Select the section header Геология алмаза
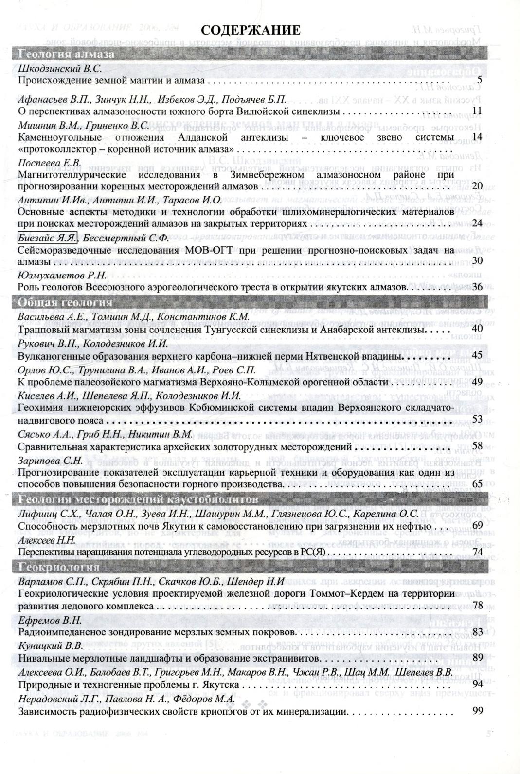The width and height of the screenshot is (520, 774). pos(66,54)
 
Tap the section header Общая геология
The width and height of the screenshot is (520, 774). pos(65,303)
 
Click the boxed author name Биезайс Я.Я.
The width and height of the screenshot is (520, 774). pos(47,238)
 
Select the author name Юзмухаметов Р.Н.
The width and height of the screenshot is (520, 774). pos(62,276)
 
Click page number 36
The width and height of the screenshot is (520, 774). pos(477,287)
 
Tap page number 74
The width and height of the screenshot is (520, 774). pos(477,552)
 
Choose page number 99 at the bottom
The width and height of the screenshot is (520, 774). pos(477,712)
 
